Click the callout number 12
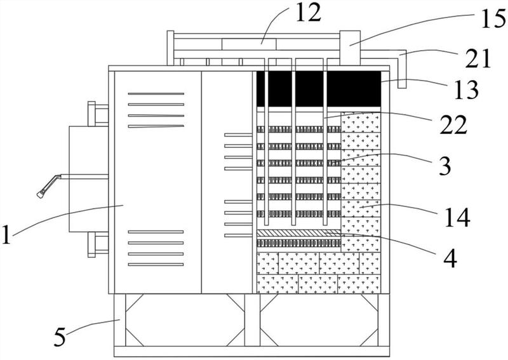tap(308, 13)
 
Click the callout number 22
tap(453, 124)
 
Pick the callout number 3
tap(444, 165)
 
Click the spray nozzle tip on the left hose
tap(40, 194)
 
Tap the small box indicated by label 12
tap(249, 44)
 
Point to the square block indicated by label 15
tap(350, 48)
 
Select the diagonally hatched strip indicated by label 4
tap(298, 232)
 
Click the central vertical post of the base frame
tap(252, 320)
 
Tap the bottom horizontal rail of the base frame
tap(251, 352)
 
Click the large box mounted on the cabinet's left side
tap(88, 179)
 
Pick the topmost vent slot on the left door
tap(156, 93)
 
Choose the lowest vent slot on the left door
tap(156, 264)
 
